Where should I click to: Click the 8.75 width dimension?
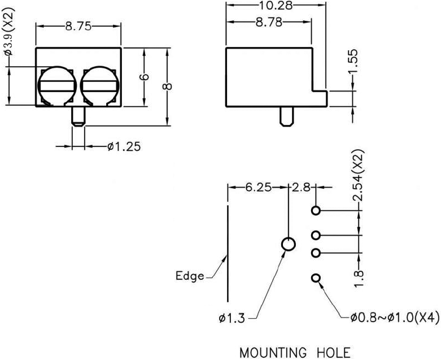78,26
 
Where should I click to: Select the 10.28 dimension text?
276,5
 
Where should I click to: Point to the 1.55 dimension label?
353,60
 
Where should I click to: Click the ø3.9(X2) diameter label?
8,34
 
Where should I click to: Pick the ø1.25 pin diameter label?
124,147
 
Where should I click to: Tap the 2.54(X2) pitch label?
359,176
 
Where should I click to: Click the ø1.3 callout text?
232,318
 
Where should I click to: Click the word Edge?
189,276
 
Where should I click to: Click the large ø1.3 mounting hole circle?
288,245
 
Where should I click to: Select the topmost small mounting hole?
316,211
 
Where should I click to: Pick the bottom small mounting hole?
316,278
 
